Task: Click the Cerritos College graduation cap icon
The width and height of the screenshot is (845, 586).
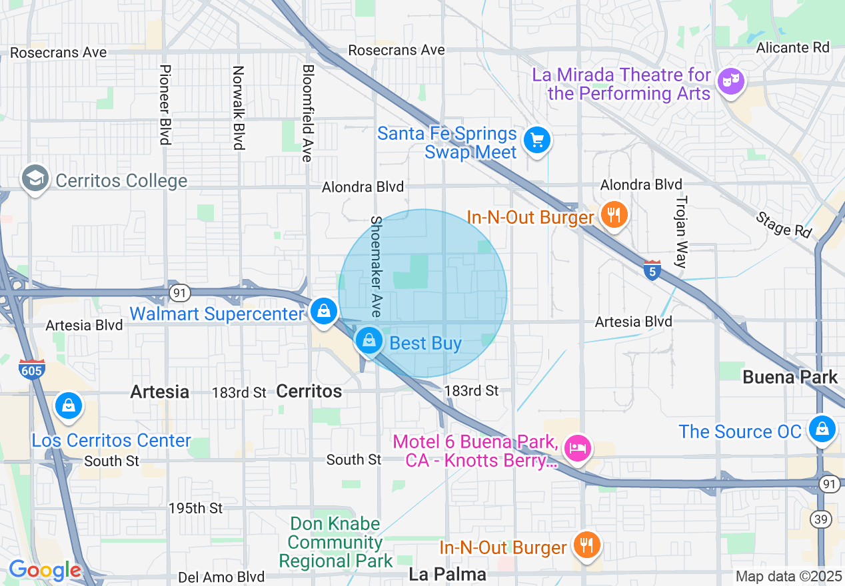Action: (35, 178)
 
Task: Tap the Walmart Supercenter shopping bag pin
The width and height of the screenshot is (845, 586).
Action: (324, 312)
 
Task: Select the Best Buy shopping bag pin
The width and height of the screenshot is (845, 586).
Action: (369, 342)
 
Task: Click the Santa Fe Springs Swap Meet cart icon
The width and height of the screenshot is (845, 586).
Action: (536, 141)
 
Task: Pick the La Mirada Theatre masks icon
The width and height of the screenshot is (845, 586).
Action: (731, 82)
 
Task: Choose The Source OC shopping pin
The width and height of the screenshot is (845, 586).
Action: (822, 429)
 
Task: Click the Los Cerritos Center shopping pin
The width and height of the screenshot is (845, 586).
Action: (68, 406)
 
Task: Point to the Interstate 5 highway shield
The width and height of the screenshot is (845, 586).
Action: (652, 270)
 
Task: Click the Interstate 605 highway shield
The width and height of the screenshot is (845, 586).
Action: (30, 370)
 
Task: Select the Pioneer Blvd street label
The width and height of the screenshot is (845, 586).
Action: (165, 105)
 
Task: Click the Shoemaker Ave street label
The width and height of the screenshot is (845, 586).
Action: (376, 266)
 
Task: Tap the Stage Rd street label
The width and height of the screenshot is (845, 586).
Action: (784, 224)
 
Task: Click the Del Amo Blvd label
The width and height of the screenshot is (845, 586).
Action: (221, 577)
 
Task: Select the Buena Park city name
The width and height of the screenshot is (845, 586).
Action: (790, 378)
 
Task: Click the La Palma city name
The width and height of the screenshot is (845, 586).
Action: (446, 574)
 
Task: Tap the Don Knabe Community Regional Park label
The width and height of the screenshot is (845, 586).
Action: (335, 543)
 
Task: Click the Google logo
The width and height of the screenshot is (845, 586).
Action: (44, 570)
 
